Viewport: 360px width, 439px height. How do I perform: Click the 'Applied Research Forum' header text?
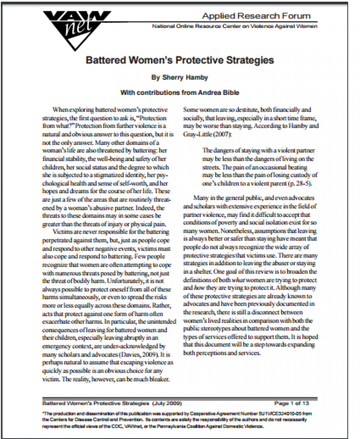tap(256, 16)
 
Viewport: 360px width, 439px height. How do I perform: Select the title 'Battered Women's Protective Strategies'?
tap(180, 60)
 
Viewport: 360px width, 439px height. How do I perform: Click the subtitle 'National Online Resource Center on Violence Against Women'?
tap(235, 26)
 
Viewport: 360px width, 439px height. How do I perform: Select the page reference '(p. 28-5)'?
tap(302, 183)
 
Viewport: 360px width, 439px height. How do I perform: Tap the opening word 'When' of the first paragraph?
tap(60, 109)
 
